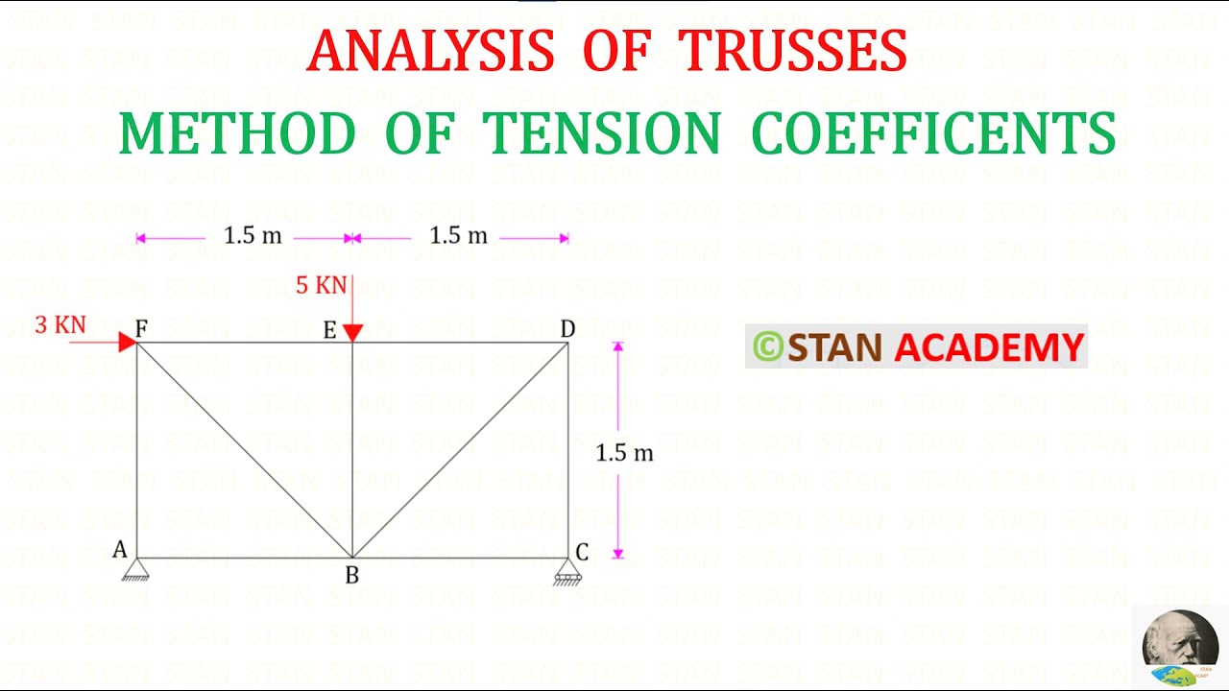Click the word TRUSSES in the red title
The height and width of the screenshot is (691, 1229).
(792, 51)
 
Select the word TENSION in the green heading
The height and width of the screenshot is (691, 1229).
(600, 133)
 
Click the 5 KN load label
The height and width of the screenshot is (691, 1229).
(321, 285)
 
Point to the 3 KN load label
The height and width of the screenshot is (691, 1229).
(60, 325)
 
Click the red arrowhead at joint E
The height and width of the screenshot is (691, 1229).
(352, 332)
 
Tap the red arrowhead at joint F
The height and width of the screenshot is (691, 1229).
(127, 342)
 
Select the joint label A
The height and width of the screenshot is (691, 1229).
(120, 550)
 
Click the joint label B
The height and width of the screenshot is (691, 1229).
(352, 576)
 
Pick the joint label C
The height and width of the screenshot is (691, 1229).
(582, 552)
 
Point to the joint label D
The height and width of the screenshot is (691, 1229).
(567, 329)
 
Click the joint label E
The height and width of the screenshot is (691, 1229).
(329, 331)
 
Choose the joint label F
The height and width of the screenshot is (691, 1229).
(141, 329)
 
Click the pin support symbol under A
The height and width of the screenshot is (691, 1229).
(135, 571)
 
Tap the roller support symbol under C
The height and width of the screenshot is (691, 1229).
(567, 573)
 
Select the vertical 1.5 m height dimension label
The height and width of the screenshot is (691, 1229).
(624, 453)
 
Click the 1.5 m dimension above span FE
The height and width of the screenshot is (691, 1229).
(253, 236)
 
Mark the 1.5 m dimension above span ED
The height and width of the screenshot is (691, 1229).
(458, 236)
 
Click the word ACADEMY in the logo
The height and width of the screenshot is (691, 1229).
(989, 347)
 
